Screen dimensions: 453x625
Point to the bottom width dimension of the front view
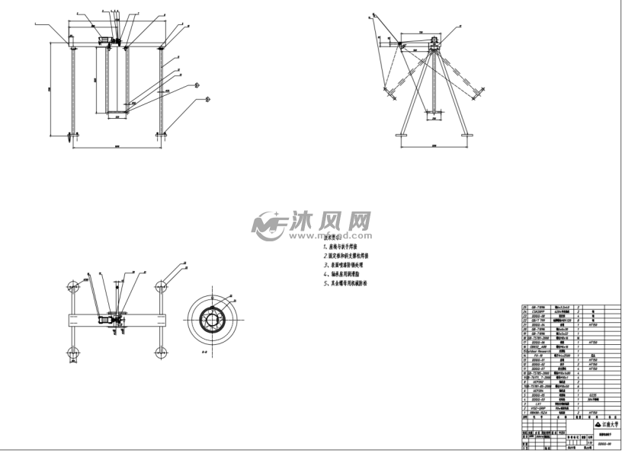pos(117,145)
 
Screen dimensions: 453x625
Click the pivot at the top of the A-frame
pos(435,43)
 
